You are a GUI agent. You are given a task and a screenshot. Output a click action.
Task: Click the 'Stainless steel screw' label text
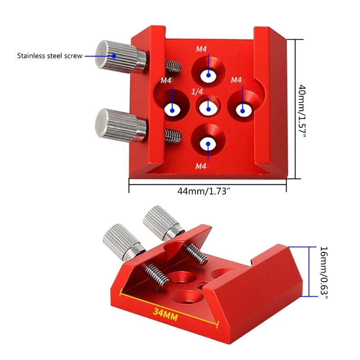point(49,56)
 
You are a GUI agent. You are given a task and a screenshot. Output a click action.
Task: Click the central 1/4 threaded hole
point(207,108)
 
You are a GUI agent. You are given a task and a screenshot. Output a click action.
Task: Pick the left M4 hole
point(172,108)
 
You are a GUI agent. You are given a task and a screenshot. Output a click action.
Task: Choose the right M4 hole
point(243,109)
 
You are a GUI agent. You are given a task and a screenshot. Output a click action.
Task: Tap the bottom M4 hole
point(208,143)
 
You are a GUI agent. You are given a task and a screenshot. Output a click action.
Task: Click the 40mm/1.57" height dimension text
point(301,109)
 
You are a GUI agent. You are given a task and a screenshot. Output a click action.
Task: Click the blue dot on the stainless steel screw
point(114,56)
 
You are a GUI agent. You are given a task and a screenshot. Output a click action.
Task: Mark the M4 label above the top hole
point(201,49)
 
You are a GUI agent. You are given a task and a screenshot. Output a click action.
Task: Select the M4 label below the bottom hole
point(201,166)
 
